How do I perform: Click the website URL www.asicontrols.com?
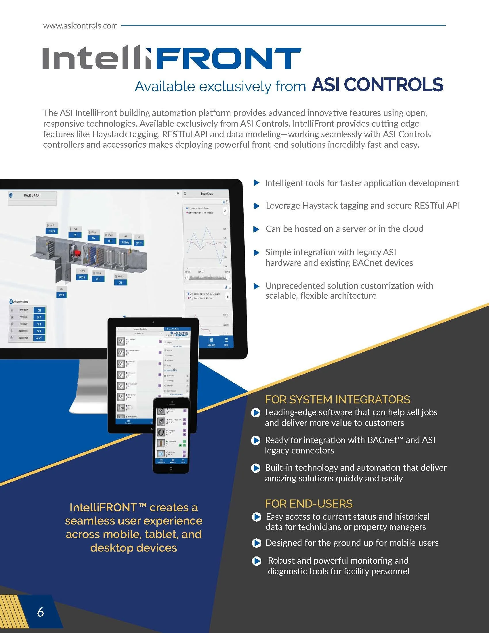pos(80,26)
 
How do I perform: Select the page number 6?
pos(41,612)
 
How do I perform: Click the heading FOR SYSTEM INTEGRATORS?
pos(337,399)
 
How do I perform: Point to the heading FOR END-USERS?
pos(309,504)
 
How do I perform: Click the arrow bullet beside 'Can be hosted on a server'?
pos(256,229)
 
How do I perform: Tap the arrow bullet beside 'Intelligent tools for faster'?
pos(256,183)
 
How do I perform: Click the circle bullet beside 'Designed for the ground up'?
pos(256,543)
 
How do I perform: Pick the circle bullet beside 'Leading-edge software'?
pos(255,412)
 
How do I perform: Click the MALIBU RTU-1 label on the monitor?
pos(32,195)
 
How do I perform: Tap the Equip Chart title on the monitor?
pos(207,194)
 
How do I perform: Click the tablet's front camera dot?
pos(153,322)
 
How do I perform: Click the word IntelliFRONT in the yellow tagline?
pos(103,508)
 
